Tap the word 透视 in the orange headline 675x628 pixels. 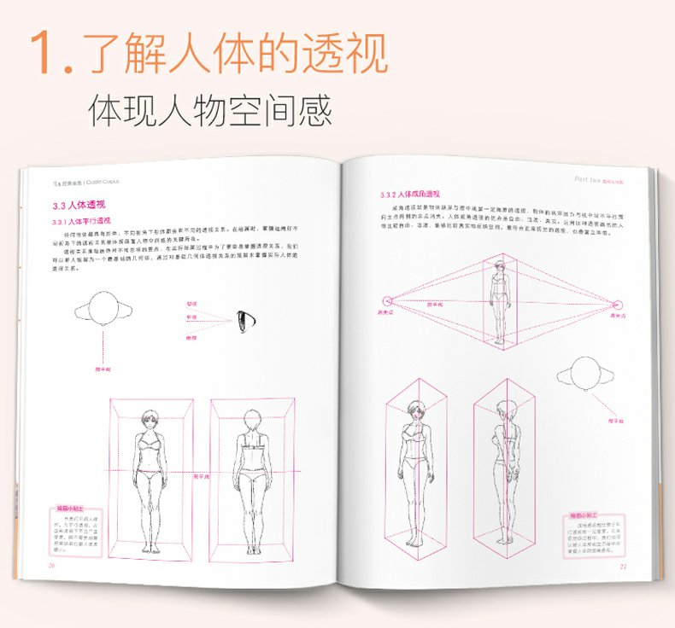point(341,53)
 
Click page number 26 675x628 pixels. point(51,565)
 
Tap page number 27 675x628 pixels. point(623,566)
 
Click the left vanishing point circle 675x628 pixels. point(385,300)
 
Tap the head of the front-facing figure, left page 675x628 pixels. point(150,422)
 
